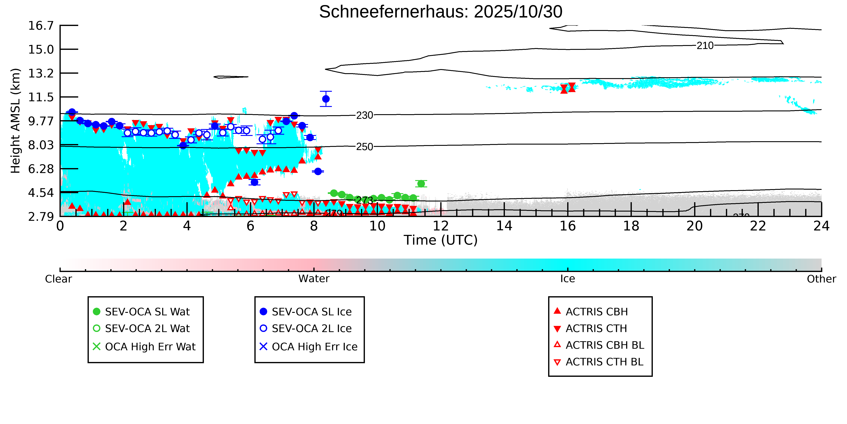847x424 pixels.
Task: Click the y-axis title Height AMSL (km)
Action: [16, 121]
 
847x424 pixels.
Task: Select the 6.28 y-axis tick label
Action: [41, 169]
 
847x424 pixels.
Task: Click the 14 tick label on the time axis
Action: [504, 226]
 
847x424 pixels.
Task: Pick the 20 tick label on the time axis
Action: [694, 226]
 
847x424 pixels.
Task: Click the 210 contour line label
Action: [705, 46]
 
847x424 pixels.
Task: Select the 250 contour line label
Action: [365, 147]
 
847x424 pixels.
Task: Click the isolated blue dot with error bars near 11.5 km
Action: [326, 99]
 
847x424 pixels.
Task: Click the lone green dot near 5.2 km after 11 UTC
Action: [421, 184]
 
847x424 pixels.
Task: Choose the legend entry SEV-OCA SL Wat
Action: [147, 312]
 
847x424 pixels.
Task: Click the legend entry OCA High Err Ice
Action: [314, 347]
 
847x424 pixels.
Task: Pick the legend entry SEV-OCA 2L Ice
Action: [311, 329]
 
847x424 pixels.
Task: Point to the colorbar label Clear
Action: [59, 279]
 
